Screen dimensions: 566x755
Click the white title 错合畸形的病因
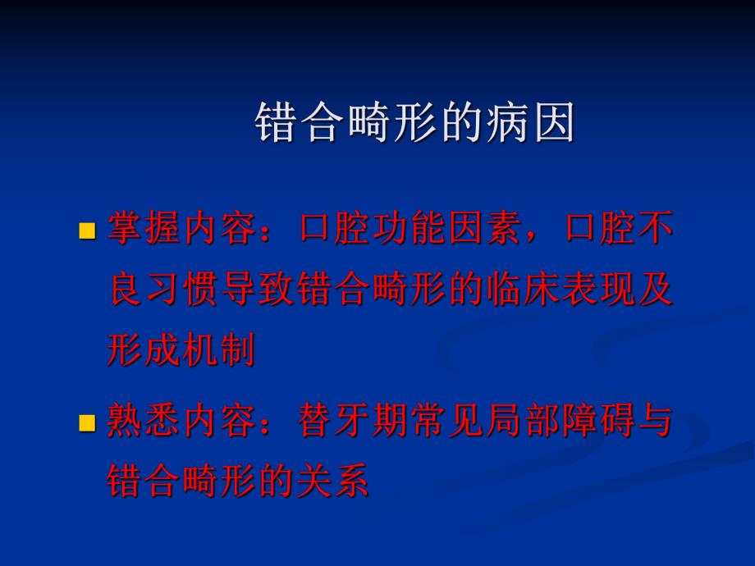click(x=414, y=123)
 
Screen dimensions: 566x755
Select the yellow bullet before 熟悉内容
click(x=85, y=424)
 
